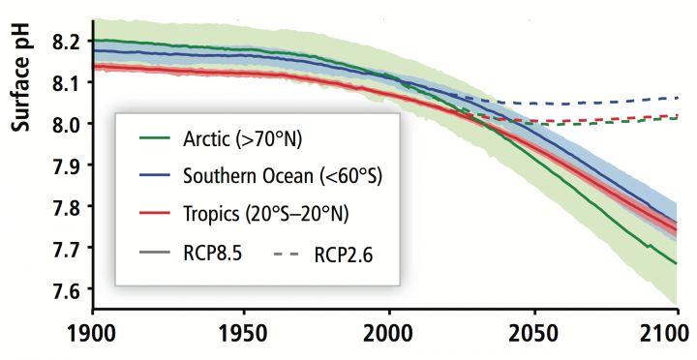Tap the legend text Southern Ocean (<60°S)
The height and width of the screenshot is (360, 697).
point(280,176)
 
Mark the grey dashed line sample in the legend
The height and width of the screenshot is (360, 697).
point(286,254)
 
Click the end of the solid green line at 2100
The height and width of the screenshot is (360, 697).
point(677,263)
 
